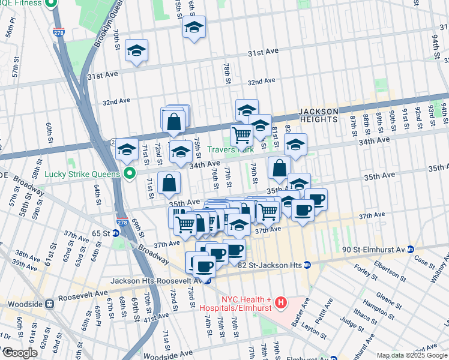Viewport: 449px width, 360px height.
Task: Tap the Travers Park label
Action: [x=231, y=149]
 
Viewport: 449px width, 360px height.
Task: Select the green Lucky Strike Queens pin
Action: [x=128, y=175]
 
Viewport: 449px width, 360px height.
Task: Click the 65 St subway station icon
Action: [x=115, y=233]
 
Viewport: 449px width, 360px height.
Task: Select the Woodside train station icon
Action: [x=50, y=304]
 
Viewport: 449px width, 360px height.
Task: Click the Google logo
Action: [x=20, y=353]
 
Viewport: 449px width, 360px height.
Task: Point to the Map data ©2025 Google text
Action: [x=412, y=355]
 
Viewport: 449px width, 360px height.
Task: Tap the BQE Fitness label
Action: [x=22, y=3]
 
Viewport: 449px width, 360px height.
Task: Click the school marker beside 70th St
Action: [x=137, y=52]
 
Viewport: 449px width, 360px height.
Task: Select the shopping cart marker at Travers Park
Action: [x=241, y=136]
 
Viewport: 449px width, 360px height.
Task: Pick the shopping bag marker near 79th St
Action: [x=279, y=169]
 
